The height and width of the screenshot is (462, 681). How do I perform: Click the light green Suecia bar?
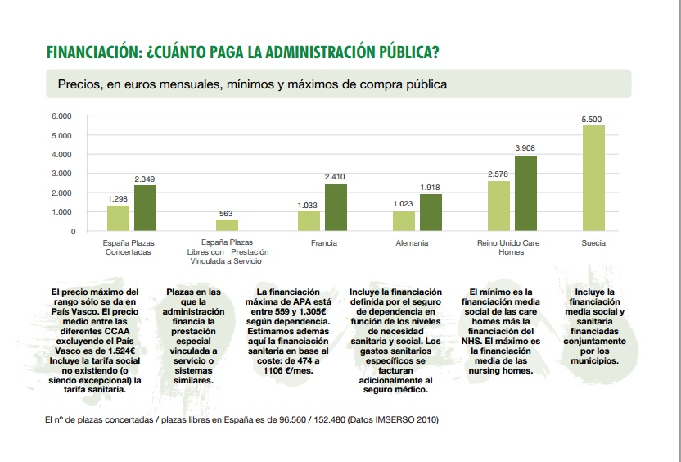[593, 178]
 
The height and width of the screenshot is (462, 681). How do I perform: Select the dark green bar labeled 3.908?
[525, 193]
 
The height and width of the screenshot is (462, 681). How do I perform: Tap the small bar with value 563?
[228, 225]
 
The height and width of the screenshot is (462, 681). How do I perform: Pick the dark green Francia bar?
[336, 207]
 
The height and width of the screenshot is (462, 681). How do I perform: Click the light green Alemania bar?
[404, 221]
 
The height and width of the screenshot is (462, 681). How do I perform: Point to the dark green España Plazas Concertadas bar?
[145, 208]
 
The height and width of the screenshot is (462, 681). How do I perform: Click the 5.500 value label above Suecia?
[592, 120]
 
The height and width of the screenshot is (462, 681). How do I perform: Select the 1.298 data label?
[118, 198]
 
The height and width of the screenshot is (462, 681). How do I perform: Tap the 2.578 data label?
[498, 174]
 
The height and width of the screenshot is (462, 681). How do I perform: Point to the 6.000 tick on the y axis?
[61, 116]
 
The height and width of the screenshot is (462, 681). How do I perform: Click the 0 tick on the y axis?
[73, 232]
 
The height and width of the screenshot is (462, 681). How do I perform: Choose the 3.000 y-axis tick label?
[61, 174]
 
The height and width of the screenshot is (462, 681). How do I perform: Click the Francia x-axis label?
[324, 243]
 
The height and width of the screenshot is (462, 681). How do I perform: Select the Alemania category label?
[412, 243]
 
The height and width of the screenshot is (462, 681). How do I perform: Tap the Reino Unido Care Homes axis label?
[508, 247]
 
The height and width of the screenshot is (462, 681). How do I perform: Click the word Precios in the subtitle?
[79, 84]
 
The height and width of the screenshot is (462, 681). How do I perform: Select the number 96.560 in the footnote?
[292, 420]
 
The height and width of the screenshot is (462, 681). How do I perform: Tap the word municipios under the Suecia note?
[594, 360]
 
